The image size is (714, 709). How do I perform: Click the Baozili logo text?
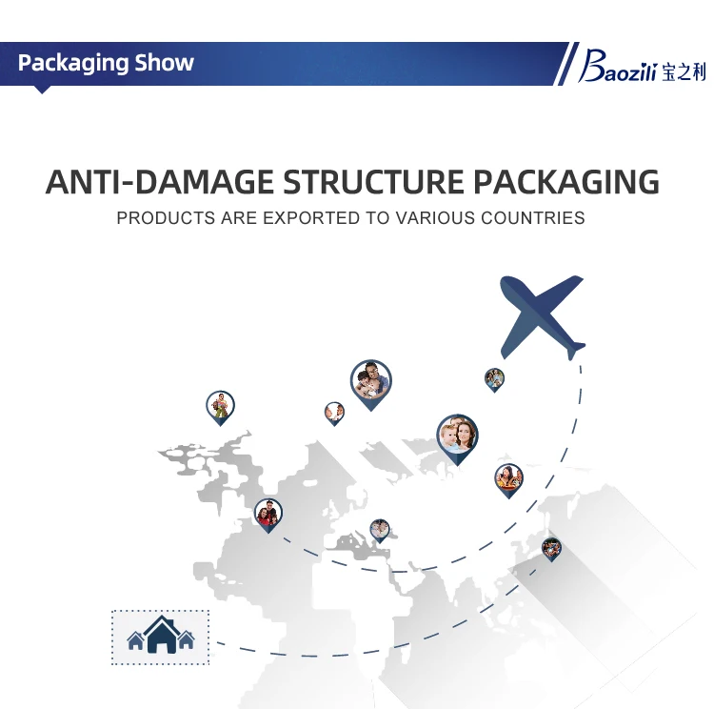pyautogui.click(x=625, y=70)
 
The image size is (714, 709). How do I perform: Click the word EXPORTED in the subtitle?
pyautogui.click(x=310, y=218)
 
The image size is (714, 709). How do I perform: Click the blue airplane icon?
pyautogui.click(x=542, y=314)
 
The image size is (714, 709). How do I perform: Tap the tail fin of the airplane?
pyautogui.click(x=575, y=349)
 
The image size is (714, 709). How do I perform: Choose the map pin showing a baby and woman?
pyautogui.click(x=457, y=436)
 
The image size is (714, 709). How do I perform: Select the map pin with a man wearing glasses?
pyautogui.click(x=369, y=381)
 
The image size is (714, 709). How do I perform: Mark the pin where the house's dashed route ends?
pyautogui.click(x=551, y=548)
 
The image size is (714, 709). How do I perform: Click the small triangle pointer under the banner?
pyautogui.click(x=42, y=90)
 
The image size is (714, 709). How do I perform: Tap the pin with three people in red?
pyautogui.click(x=268, y=515)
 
